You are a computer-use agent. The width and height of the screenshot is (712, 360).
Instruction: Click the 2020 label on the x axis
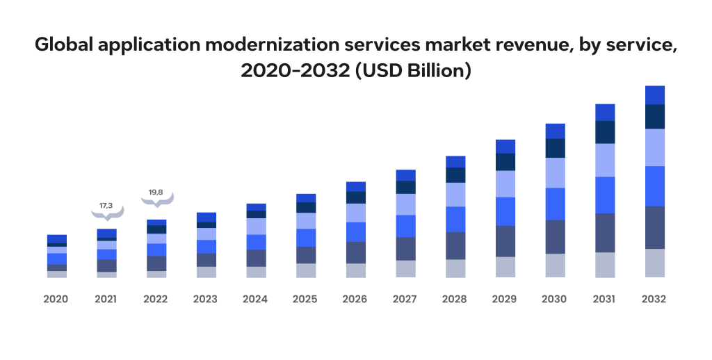(56, 300)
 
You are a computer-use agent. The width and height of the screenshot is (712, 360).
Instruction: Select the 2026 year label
(355, 300)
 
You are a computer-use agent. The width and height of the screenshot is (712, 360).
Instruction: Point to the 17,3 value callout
(106, 206)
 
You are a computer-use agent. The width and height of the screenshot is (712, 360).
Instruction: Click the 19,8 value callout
(156, 193)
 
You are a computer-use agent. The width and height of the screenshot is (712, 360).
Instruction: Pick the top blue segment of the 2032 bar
(655, 95)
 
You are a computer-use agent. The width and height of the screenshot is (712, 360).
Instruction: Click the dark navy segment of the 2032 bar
(655, 117)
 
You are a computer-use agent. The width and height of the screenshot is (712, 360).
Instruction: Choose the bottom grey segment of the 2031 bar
(605, 265)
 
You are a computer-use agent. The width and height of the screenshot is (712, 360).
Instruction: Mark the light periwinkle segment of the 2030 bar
(555, 173)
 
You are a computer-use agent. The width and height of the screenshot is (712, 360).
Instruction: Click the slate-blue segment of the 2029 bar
(505, 241)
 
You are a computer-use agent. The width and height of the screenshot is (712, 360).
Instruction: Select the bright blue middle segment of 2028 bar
(455, 219)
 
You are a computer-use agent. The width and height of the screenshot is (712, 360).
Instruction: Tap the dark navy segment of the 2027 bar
(405, 187)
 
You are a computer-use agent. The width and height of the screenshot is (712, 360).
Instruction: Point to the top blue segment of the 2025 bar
(306, 198)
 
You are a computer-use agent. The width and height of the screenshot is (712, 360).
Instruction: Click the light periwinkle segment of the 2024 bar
(256, 227)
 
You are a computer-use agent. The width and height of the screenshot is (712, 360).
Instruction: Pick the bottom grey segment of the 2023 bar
(206, 272)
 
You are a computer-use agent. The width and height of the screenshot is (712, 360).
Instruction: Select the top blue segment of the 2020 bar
(57, 238)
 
